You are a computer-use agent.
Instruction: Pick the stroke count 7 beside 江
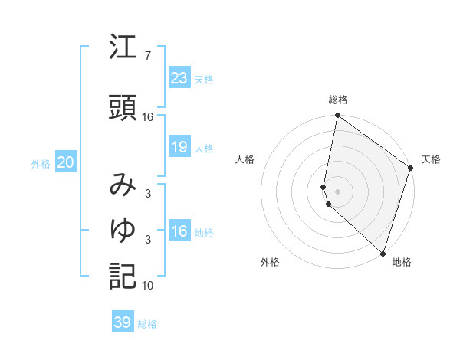148,55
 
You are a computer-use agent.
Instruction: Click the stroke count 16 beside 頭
148,116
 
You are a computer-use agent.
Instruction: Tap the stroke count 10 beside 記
148,285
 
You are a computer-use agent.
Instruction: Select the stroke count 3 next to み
148,193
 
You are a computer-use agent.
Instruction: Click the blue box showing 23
179,78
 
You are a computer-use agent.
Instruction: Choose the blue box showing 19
179,147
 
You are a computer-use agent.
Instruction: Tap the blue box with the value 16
179,231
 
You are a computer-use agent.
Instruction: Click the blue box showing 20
65,162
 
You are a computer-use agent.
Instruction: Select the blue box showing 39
122,322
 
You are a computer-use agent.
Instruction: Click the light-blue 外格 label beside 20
41,163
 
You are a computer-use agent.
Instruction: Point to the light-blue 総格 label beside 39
147,323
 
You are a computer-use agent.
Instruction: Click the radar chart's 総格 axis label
338,100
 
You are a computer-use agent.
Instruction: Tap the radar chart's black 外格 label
270,262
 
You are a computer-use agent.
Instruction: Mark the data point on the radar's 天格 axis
410,169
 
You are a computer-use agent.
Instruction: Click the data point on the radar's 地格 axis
382,254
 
